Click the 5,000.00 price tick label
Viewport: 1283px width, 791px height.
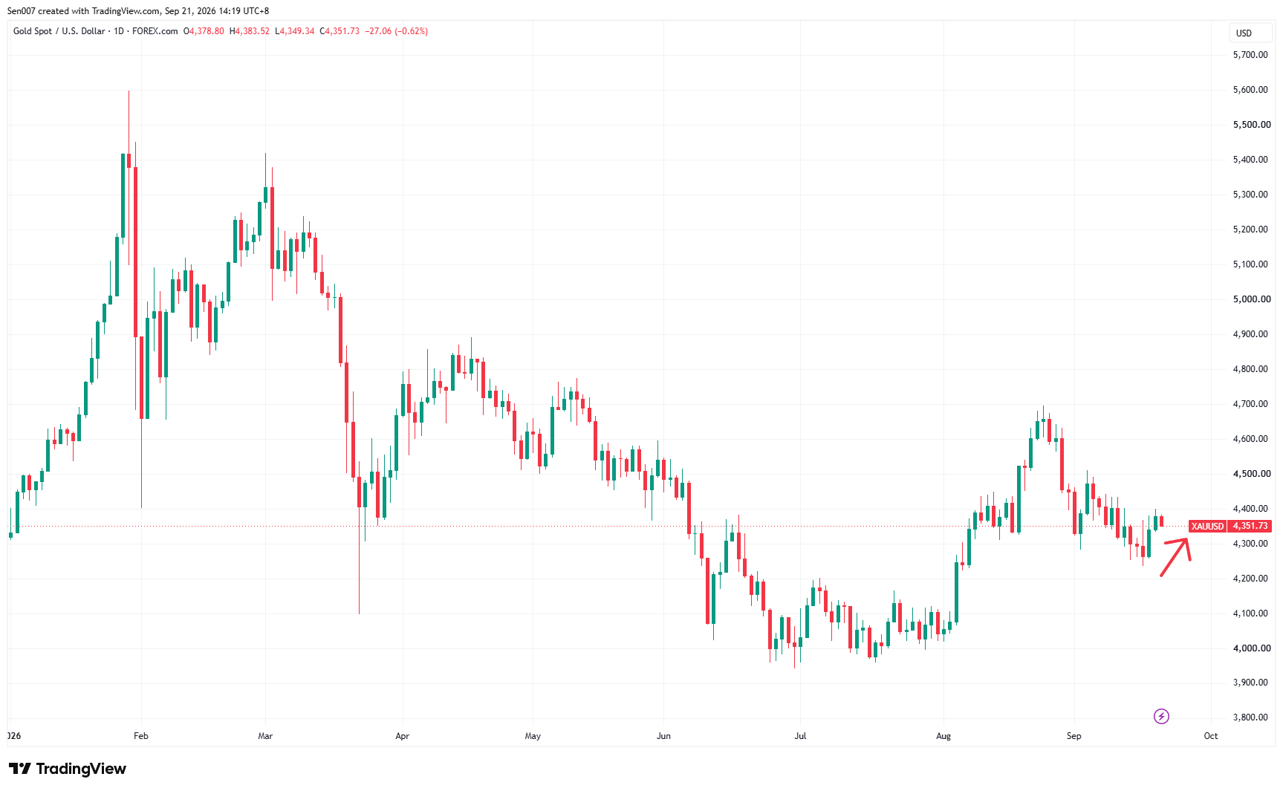pos(1252,299)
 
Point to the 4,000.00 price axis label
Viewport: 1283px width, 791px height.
pos(1252,648)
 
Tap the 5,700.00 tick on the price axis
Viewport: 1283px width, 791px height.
pos(1250,55)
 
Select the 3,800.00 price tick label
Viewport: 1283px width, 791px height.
pos(1250,717)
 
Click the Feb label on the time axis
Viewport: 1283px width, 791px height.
pos(141,736)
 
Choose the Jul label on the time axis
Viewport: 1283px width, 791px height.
pos(800,736)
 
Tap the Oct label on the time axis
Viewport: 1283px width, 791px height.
pos(1211,736)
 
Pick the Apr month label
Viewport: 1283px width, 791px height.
pos(403,736)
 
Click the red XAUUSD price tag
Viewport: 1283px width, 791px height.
pos(1207,526)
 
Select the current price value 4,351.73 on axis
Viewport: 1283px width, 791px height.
pos(1250,526)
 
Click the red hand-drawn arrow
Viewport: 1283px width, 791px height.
pos(1176,557)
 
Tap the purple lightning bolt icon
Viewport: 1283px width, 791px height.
pos(1161,716)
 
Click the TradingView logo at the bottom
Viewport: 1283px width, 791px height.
pos(68,769)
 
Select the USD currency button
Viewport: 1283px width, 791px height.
pos(1244,33)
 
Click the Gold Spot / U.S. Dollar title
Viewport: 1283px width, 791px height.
pos(59,31)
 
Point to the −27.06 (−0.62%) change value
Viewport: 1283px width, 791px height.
pos(397,31)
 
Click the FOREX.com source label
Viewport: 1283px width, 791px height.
pos(155,31)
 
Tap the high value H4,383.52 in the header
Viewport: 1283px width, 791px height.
pos(250,31)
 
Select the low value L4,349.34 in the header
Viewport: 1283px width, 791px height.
pos(295,31)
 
